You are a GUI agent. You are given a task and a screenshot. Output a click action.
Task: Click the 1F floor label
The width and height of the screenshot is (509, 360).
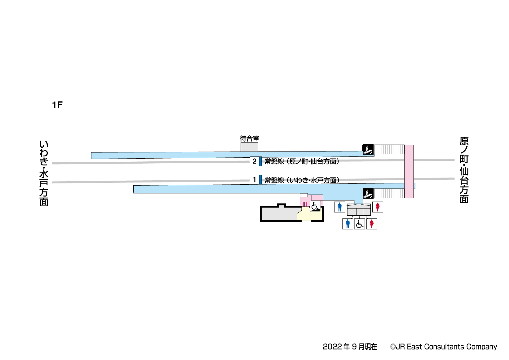click(57, 105)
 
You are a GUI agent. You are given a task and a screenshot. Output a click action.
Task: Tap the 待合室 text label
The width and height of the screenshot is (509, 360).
click(250, 138)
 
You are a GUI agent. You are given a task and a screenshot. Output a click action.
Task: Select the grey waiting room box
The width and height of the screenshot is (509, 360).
click(249, 147)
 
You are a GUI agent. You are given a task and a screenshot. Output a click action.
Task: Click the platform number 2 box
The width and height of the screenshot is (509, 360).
click(254, 161)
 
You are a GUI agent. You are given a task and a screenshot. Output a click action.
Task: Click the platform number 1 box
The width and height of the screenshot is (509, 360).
click(254, 180)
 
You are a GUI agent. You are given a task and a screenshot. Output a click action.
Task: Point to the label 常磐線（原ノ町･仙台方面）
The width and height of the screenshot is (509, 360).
click(302, 161)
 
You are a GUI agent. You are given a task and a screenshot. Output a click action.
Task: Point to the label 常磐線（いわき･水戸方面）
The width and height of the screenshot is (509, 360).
click(302, 180)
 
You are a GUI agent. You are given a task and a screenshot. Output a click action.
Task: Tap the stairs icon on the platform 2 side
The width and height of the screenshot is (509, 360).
click(368, 150)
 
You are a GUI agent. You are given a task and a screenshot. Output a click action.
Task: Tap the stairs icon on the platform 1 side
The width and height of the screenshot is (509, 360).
click(368, 194)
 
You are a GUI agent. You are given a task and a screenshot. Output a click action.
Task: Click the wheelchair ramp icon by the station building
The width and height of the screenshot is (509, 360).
click(315, 206)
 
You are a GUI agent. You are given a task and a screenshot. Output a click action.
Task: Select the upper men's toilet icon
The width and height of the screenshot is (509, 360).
click(339, 207)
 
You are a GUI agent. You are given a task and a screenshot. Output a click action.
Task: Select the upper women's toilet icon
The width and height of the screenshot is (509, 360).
click(378, 207)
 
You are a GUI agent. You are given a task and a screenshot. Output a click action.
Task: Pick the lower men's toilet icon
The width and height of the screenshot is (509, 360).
click(347, 224)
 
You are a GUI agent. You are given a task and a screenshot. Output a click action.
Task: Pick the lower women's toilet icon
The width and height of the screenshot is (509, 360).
click(372, 224)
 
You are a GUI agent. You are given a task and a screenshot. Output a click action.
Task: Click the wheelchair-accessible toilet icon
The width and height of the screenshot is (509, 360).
click(360, 224)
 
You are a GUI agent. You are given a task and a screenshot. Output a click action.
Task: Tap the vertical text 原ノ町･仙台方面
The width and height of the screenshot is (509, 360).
click(464, 170)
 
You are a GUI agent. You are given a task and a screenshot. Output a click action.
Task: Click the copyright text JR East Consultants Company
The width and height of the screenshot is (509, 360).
click(444, 347)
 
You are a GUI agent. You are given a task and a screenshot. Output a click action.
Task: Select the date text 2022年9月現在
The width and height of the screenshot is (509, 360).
click(350, 347)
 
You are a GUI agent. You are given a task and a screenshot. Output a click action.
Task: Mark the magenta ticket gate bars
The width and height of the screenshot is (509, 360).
click(305, 204)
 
